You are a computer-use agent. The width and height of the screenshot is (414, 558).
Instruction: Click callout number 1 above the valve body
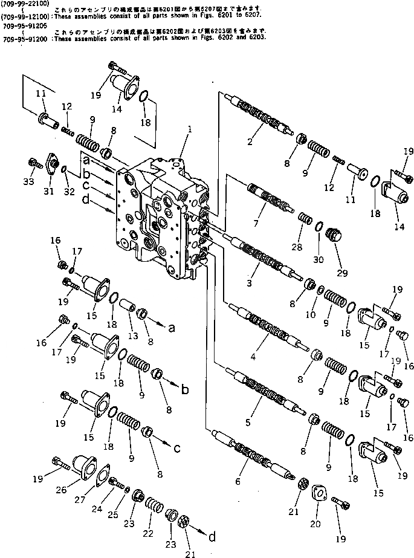[189, 129]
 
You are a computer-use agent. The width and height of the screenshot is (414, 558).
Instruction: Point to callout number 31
[49, 192]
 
